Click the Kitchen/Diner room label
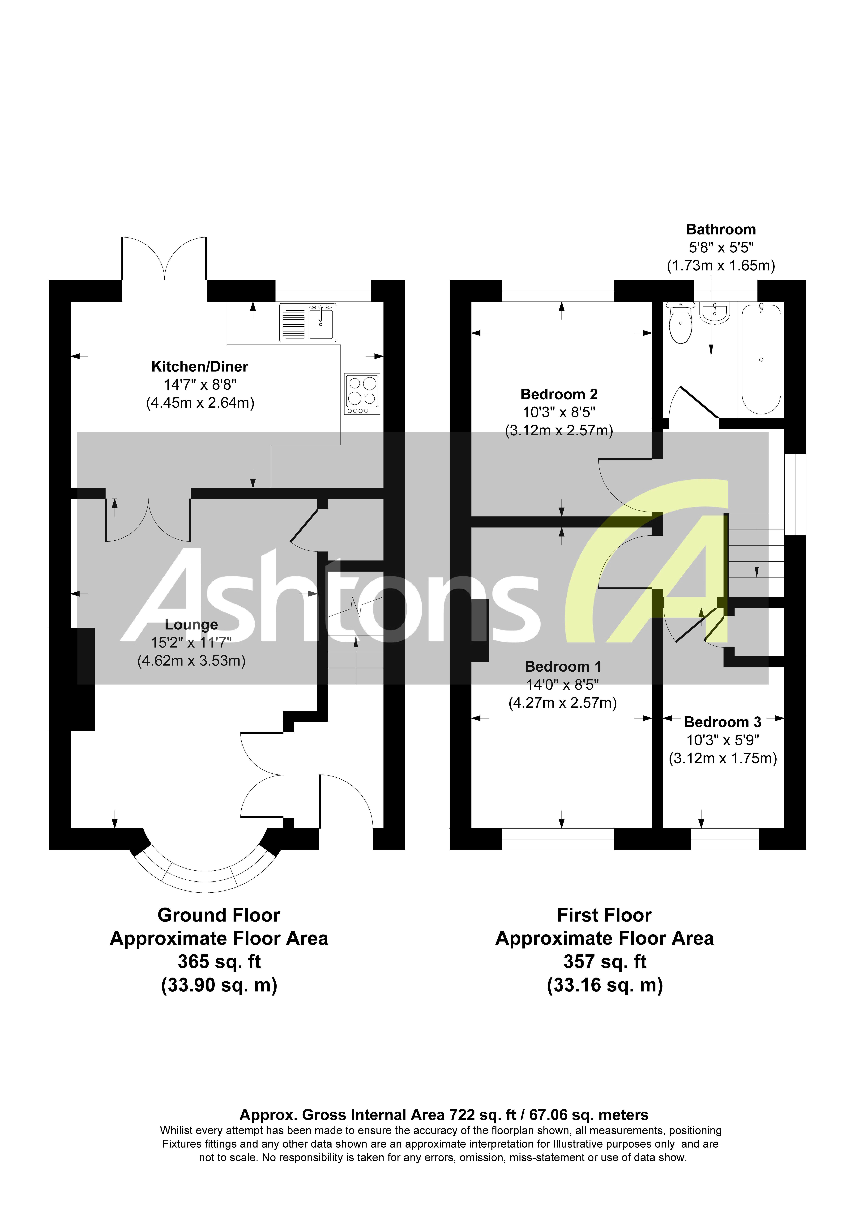200,366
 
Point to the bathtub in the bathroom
761,359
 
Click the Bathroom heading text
721,229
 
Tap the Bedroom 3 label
722,722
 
